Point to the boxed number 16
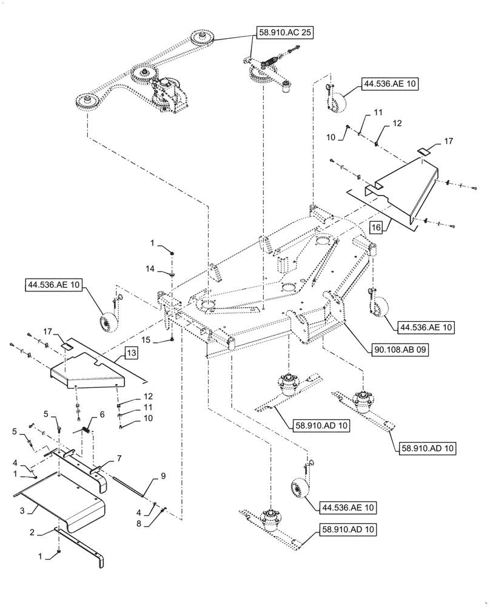[376, 228]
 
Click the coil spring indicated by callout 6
[87, 429]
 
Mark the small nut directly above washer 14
[173, 254]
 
